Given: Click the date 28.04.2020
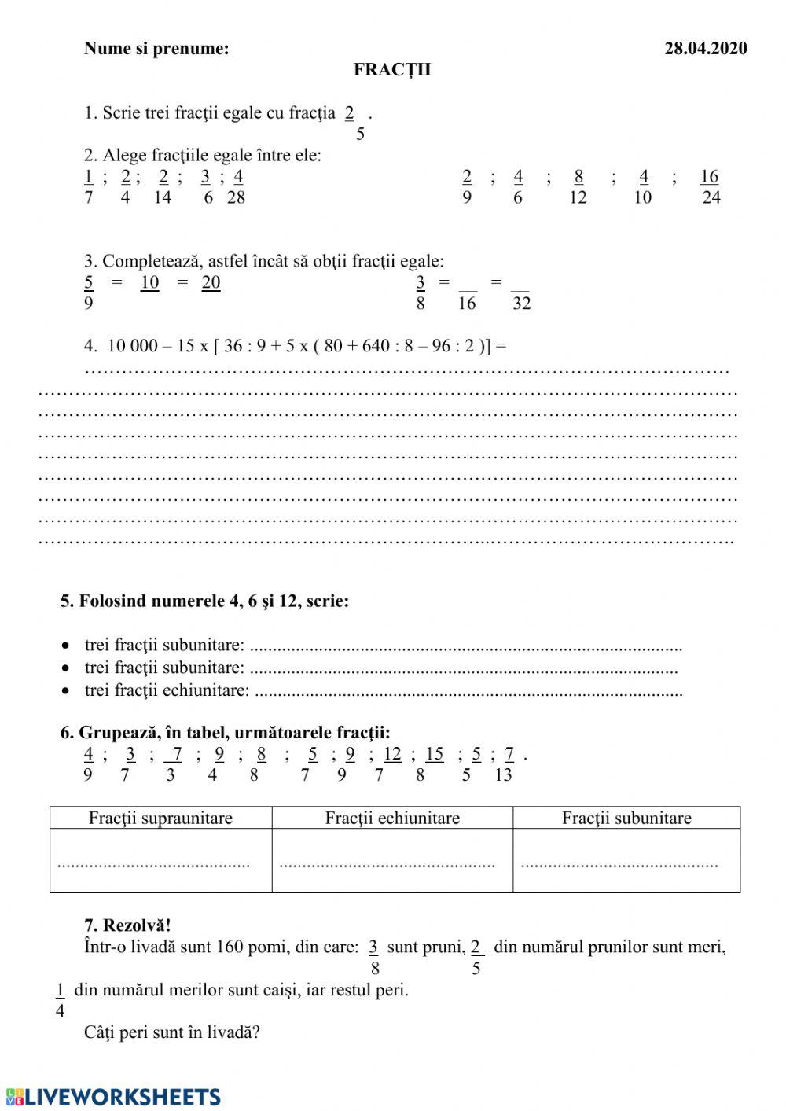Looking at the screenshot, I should (x=705, y=49).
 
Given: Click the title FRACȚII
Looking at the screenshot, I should (x=391, y=70).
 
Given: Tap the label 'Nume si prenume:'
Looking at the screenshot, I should (x=156, y=49).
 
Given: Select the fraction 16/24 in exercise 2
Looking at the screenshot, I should (x=710, y=186).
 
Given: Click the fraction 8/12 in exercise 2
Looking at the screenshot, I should (x=578, y=186).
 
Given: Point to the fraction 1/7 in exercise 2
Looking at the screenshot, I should (x=89, y=186).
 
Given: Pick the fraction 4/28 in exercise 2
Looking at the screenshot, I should (x=237, y=186).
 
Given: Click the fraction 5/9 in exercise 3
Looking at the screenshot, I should (x=89, y=292).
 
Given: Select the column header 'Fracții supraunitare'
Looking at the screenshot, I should (x=160, y=818).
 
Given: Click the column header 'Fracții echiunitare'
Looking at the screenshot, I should (x=392, y=818).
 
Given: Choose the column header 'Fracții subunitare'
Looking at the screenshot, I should (x=626, y=818).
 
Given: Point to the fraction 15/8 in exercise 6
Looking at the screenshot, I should (x=433, y=764).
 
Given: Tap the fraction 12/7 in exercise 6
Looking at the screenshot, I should (x=391, y=764).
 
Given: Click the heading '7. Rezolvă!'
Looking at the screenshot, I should (x=127, y=925).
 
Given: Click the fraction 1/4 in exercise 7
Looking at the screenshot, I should (x=61, y=999).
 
